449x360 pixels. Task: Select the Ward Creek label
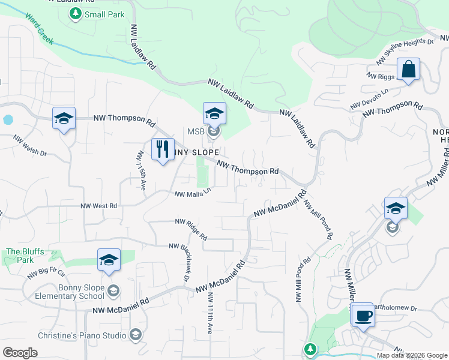coord(40,29)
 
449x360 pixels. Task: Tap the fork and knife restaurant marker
coord(163,150)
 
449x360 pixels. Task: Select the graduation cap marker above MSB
coord(214,113)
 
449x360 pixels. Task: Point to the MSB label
coord(196,131)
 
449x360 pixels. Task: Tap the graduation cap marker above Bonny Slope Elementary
coord(109,260)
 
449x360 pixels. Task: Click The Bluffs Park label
coord(20,256)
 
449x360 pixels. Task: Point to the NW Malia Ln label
coord(193,193)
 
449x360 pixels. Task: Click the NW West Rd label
coord(98,206)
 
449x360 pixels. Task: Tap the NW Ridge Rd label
coord(191,227)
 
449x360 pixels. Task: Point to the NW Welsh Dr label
coord(30,148)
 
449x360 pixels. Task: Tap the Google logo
coord(20,352)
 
